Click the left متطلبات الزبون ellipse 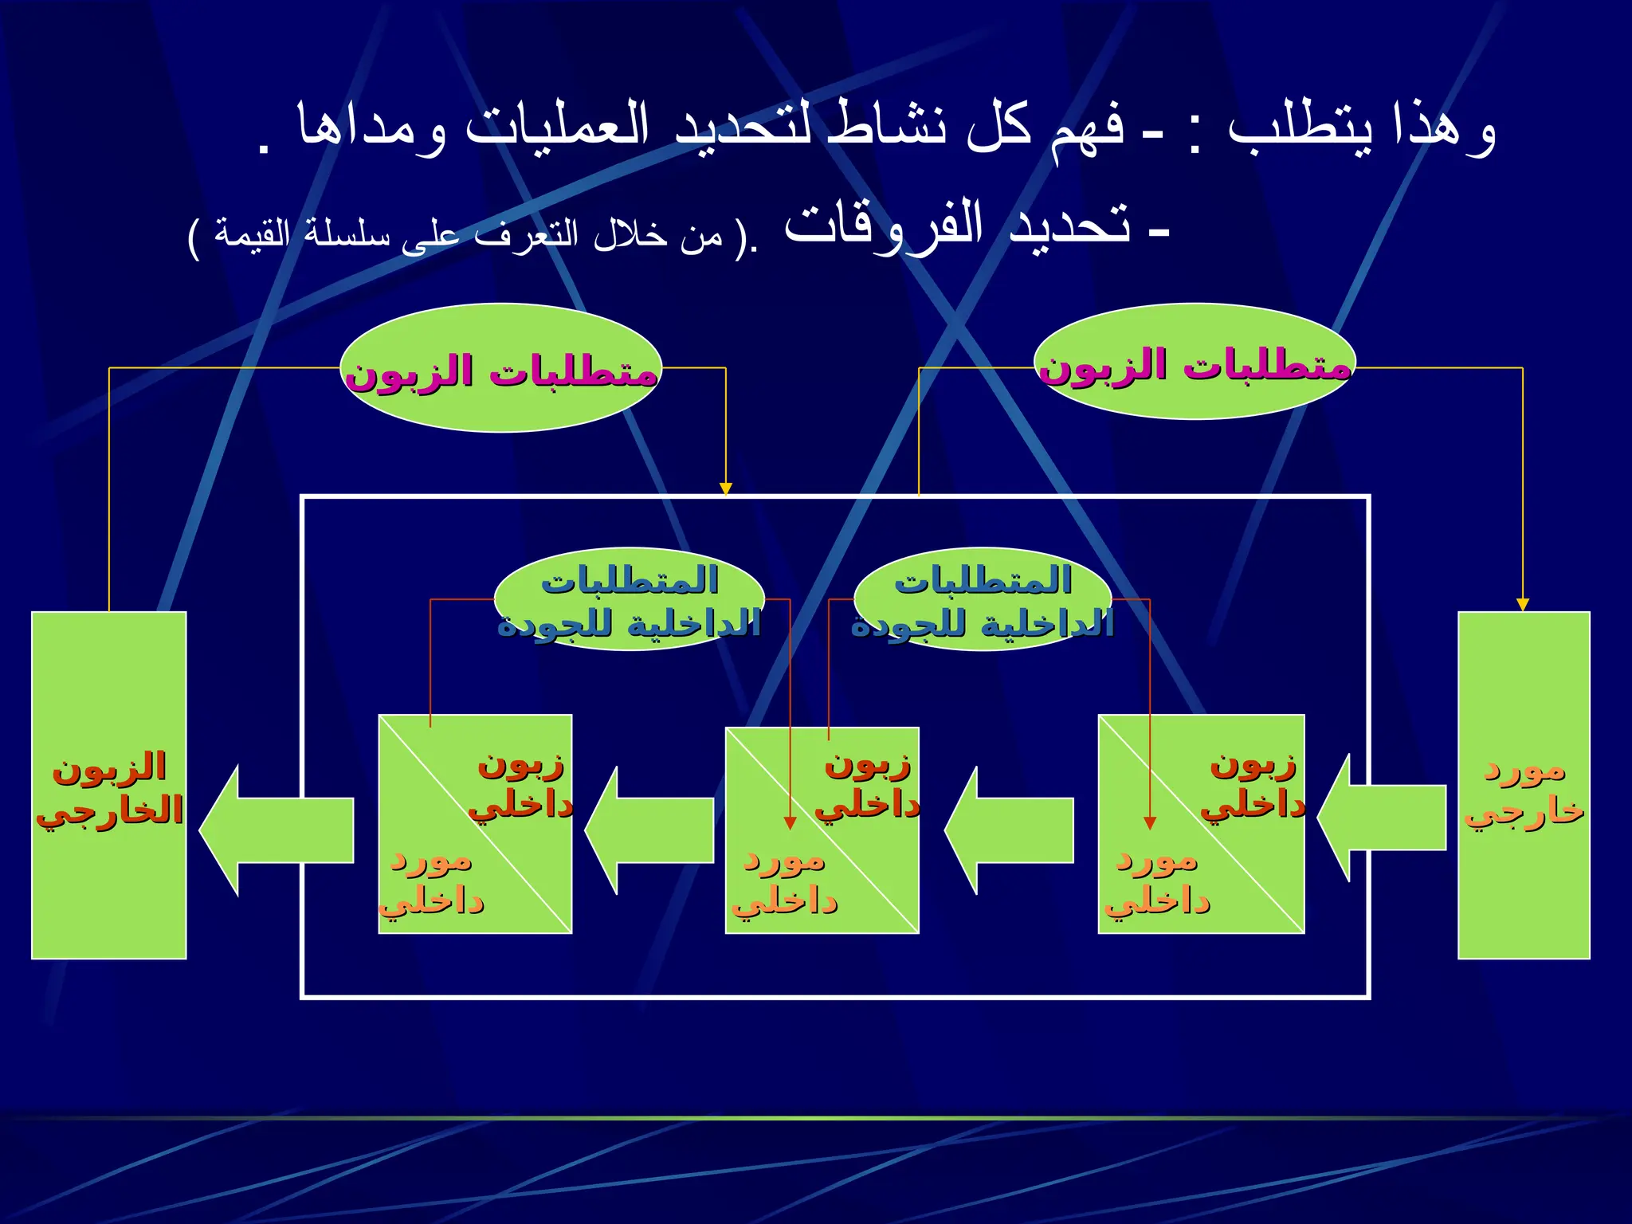[500, 368]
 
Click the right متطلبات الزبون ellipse [1195, 363]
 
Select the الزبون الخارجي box [109, 785]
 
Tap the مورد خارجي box [1524, 785]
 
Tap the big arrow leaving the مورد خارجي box [1383, 818]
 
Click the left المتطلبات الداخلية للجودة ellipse [629, 600]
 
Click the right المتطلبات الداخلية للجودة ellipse [982, 600]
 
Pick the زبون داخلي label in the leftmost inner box [521, 785]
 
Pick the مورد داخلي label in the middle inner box [785, 881]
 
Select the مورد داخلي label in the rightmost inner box [1157, 881]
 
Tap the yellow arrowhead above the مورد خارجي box [1522, 604]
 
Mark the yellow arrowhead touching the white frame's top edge [725, 488]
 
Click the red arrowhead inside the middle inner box [790, 823]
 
